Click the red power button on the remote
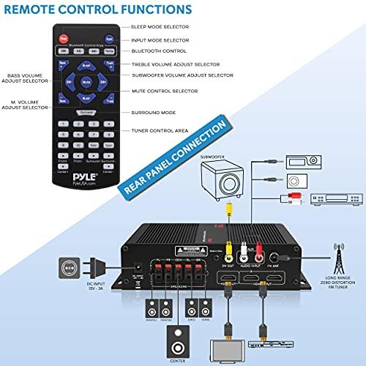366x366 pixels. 63,38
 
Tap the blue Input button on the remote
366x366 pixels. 108,38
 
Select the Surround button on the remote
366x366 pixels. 86,112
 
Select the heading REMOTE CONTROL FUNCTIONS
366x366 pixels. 97,10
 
